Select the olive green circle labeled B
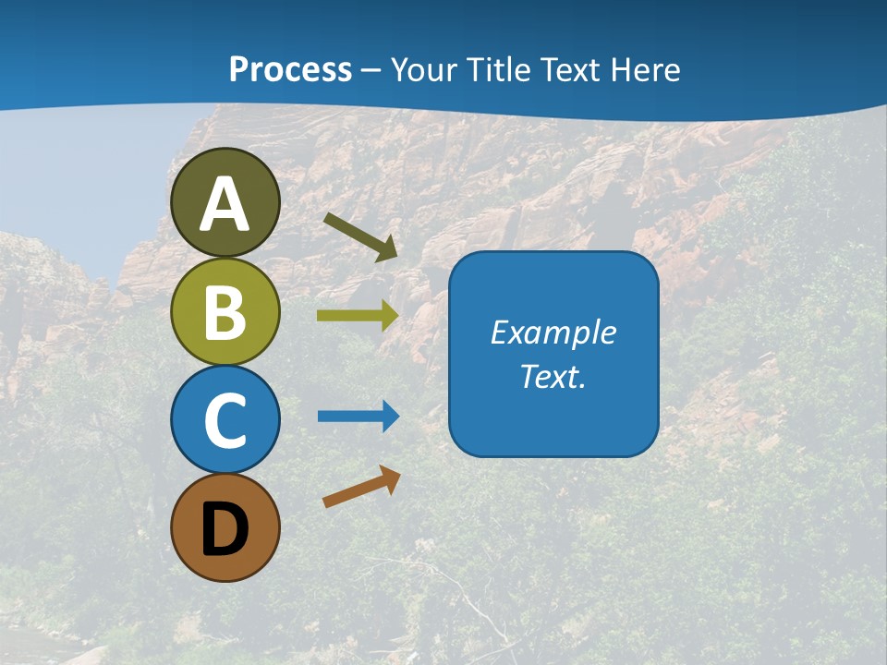point(225,311)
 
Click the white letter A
point(225,204)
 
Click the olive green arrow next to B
point(358,315)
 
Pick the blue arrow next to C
point(358,416)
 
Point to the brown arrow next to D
point(361,487)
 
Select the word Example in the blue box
point(553,332)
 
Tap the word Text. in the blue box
point(553,377)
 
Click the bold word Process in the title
point(290,69)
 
